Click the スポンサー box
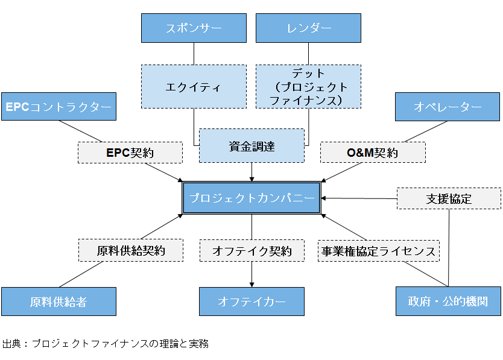(x=194, y=28)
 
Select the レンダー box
(x=308, y=28)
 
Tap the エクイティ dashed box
(x=194, y=87)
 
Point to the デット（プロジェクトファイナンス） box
(x=308, y=87)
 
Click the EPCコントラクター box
(x=59, y=107)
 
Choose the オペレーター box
(x=448, y=107)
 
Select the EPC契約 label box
(x=130, y=153)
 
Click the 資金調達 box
(x=251, y=145)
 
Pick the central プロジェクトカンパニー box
(x=251, y=198)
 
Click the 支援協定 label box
(x=449, y=198)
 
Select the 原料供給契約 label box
(x=131, y=250)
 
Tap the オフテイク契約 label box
(x=251, y=250)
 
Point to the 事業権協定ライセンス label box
(x=379, y=250)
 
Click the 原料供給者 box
(x=59, y=302)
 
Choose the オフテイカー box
(x=251, y=302)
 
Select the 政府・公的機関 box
(x=448, y=302)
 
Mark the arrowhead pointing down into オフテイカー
(x=251, y=284)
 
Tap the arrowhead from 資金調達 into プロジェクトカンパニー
(x=251, y=178)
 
